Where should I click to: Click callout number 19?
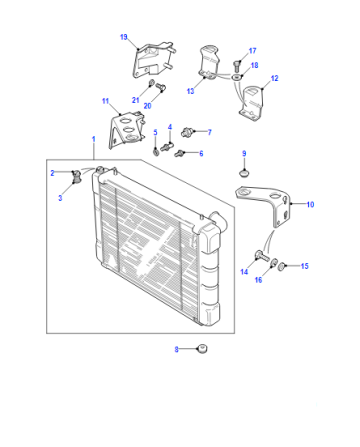(x=124, y=37)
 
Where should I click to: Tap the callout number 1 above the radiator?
(x=94, y=139)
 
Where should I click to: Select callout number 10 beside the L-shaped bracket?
(x=310, y=204)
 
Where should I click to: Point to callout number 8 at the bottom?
(x=177, y=349)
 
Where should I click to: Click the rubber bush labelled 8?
(x=201, y=348)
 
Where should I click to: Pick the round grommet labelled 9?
(x=245, y=173)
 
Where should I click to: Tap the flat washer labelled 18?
(x=236, y=78)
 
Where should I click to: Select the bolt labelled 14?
(x=263, y=256)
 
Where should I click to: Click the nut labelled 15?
(x=282, y=266)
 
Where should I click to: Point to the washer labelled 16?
(x=274, y=262)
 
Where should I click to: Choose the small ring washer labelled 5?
(x=156, y=151)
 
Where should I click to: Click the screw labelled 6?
(x=178, y=153)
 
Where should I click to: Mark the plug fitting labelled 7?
(x=187, y=132)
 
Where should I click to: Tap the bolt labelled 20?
(x=161, y=87)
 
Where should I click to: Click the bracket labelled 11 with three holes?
(x=127, y=131)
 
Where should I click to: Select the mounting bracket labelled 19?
(x=154, y=60)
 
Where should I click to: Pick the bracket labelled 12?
(x=251, y=103)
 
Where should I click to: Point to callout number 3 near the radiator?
(x=60, y=198)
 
